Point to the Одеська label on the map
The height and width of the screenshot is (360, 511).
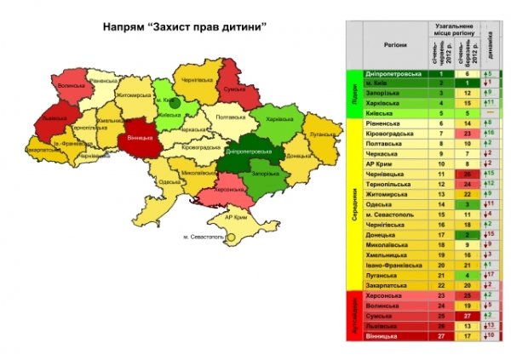168,181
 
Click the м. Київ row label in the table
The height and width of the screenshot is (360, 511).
386,83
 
